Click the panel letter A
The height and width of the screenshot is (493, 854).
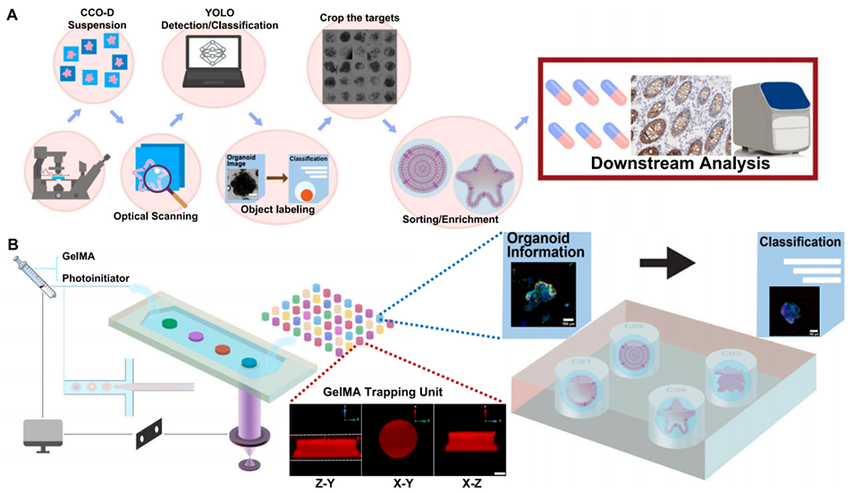pyautogui.click(x=13, y=15)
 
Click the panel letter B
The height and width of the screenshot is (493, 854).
pyautogui.click(x=13, y=243)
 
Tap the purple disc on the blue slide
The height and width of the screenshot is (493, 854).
pyautogui.click(x=196, y=336)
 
